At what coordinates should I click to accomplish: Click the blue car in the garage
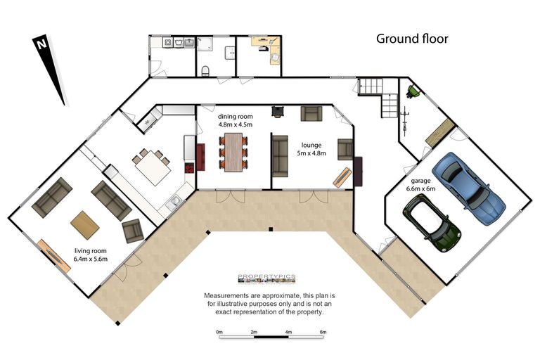pyautogui.click(x=468, y=188)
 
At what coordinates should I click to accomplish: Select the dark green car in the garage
pyautogui.click(x=432, y=223)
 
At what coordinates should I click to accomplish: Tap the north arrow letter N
pyautogui.click(x=41, y=44)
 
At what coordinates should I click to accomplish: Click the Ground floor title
pyautogui.click(x=412, y=39)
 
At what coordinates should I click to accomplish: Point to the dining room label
pyautogui.click(x=236, y=117)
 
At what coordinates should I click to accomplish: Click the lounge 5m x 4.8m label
pyautogui.click(x=311, y=149)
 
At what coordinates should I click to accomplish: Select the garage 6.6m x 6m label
pyautogui.click(x=420, y=185)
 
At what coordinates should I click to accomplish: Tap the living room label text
pyautogui.click(x=91, y=251)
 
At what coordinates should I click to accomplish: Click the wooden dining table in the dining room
pyautogui.click(x=233, y=153)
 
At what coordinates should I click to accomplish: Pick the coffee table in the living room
pyautogui.click(x=85, y=225)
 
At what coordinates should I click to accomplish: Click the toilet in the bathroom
pyautogui.click(x=205, y=71)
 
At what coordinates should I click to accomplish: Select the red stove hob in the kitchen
pyautogui.click(x=190, y=167)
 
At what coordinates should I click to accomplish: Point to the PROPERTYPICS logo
pyautogui.click(x=266, y=278)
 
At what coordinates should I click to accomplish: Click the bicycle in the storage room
pyautogui.click(x=405, y=121)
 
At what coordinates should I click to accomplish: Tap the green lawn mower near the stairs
pyautogui.click(x=413, y=91)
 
